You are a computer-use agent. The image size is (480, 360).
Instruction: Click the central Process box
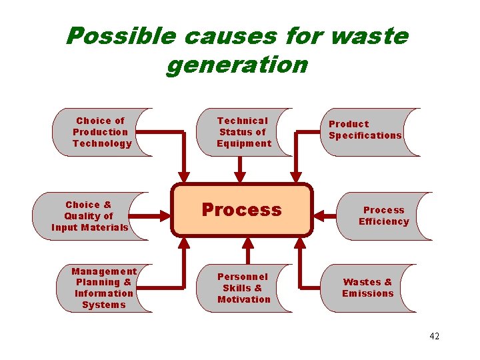coord(241,210)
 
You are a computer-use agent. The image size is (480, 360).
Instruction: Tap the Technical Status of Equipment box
coord(244,132)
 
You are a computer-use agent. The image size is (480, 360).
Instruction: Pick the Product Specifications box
coord(365,130)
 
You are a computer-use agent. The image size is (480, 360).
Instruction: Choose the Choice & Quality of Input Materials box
coord(89,216)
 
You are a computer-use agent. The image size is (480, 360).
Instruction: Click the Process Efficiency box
coord(383,216)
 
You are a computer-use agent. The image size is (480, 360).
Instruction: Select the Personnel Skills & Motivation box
coord(244,288)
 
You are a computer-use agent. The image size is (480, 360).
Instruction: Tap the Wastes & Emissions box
coord(368,288)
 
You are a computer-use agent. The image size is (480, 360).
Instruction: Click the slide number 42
coord(434,336)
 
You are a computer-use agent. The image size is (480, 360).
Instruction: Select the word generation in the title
coord(237,65)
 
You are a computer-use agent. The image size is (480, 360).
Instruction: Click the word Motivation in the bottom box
coord(244,299)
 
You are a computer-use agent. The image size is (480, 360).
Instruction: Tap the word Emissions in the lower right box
coord(368,294)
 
